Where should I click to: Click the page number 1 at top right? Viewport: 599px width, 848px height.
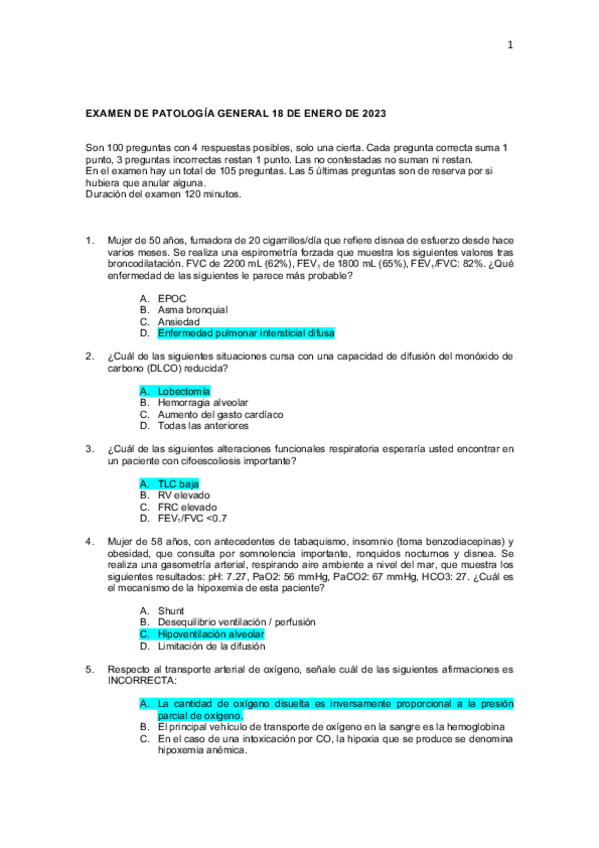pos(509,44)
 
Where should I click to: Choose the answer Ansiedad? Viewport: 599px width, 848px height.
pos(179,321)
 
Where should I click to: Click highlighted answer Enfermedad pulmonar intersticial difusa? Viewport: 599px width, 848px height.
pos(246,333)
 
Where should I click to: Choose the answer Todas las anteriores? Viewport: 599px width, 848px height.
pos(202,425)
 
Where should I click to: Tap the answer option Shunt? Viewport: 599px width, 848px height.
pos(172,610)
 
